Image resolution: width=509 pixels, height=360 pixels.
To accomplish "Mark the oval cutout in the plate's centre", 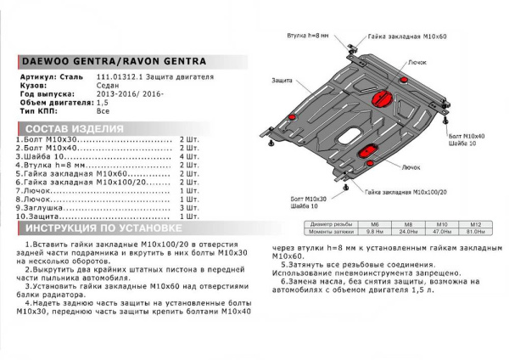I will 349,135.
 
